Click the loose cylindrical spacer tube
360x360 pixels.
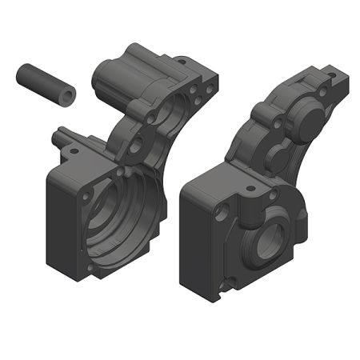[x=44, y=84]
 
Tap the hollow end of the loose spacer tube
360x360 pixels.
[x=68, y=96]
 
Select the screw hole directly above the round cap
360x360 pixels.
[x=322, y=92]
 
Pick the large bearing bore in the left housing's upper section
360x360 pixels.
[x=173, y=120]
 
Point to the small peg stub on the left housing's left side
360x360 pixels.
[x=56, y=138]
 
